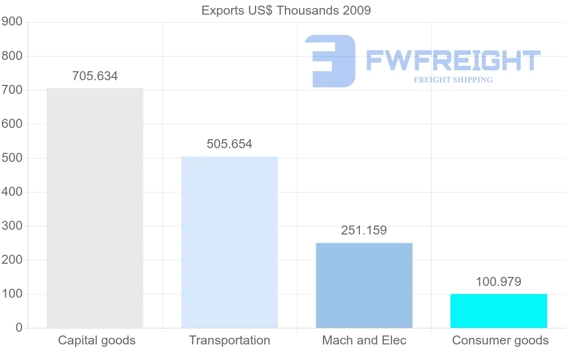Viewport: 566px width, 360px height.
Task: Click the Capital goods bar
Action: [95, 208]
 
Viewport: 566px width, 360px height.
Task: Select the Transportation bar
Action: [229, 242]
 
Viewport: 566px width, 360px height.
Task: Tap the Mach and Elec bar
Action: [364, 285]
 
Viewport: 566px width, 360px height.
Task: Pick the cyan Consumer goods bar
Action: [499, 310]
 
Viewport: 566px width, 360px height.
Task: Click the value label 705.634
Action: [95, 76]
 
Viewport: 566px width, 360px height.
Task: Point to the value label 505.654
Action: [229, 144]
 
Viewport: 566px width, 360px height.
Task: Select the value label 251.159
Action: [364, 230]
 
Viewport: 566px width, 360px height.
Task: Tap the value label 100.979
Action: [499, 282]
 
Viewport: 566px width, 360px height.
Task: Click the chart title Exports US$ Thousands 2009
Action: [286, 10]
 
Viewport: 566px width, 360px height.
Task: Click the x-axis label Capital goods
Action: [97, 340]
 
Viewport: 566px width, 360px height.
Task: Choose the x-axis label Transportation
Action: [230, 340]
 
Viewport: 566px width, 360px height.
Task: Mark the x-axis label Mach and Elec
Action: [364, 340]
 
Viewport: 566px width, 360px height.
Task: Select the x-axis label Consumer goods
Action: [500, 340]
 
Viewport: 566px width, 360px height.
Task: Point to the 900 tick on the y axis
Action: [12, 22]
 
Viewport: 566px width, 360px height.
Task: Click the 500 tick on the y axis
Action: [12, 158]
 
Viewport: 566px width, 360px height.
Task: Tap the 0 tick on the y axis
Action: [19, 327]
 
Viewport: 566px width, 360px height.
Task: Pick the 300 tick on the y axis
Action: [12, 226]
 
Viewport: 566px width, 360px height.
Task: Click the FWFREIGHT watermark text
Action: [453, 60]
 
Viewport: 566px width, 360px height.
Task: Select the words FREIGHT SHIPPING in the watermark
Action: [453, 80]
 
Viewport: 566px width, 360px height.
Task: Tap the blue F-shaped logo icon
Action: [330, 61]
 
